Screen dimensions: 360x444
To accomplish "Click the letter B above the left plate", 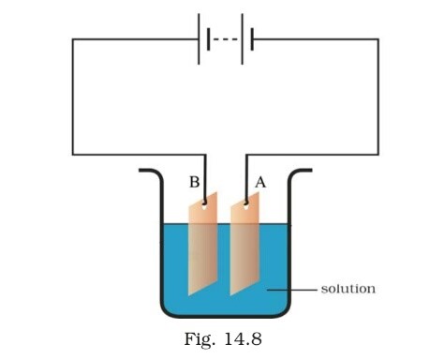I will click(194, 183).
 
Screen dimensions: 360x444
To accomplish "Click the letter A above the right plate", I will click(259, 184).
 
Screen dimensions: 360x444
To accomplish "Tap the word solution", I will click(348, 288).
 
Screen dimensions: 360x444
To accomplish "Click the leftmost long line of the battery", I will click(200, 38).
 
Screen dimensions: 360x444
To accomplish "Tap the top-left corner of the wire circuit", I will click(73, 39).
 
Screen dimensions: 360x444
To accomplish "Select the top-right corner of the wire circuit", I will click(378, 39).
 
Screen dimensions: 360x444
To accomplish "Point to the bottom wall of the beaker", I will click(225, 316).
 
